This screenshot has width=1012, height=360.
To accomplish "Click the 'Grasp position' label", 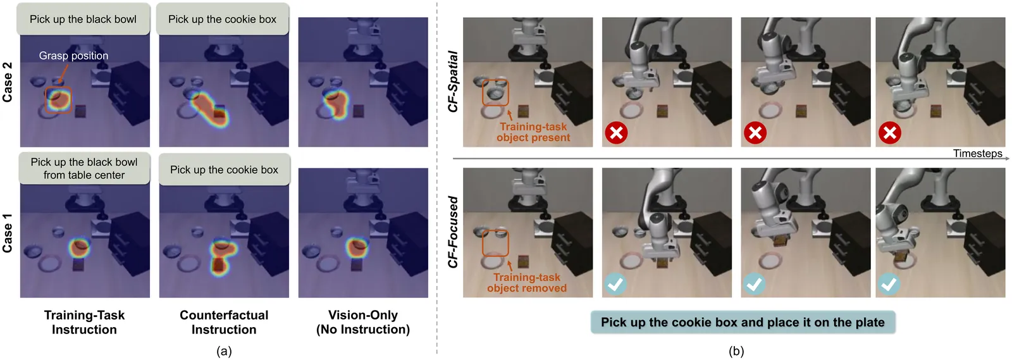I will point(73,56).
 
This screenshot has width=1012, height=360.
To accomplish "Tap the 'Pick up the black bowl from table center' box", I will point(84,169).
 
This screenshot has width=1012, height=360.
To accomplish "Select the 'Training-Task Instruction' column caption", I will point(84,322).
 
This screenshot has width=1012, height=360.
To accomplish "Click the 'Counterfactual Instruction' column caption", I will point(224,322).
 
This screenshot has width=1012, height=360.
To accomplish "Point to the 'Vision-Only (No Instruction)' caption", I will point(363,322).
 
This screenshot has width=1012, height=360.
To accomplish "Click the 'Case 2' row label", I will point(8,82).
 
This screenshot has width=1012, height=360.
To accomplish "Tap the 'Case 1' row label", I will point(8,233).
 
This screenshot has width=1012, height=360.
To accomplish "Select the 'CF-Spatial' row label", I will point(453,82).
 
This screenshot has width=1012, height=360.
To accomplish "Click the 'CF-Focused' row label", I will point(453,232).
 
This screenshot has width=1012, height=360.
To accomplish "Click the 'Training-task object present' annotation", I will point(533,132).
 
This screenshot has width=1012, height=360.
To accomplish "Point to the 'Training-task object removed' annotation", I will point(527,283).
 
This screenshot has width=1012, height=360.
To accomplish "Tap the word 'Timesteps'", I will point(977,154).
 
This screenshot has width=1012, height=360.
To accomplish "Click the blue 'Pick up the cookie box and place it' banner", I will point(743,322).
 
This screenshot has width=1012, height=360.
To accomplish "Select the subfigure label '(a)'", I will point(224,351).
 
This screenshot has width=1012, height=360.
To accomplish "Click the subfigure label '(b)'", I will point(736,351).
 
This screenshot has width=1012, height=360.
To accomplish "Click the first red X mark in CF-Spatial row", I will point(616,133).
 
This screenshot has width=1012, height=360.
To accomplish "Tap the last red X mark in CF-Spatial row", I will point(889,133).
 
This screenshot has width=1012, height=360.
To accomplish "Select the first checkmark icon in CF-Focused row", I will point(615,284).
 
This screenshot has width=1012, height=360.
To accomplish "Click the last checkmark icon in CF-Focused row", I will point(889,284).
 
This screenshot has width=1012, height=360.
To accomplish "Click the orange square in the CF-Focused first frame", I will point(495,244).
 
